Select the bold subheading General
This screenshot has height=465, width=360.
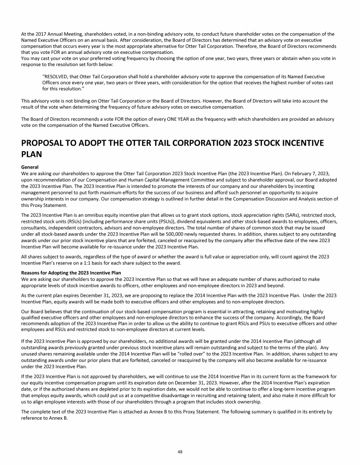pos(30,167)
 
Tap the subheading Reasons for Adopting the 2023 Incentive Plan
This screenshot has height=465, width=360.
pos(71,272)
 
